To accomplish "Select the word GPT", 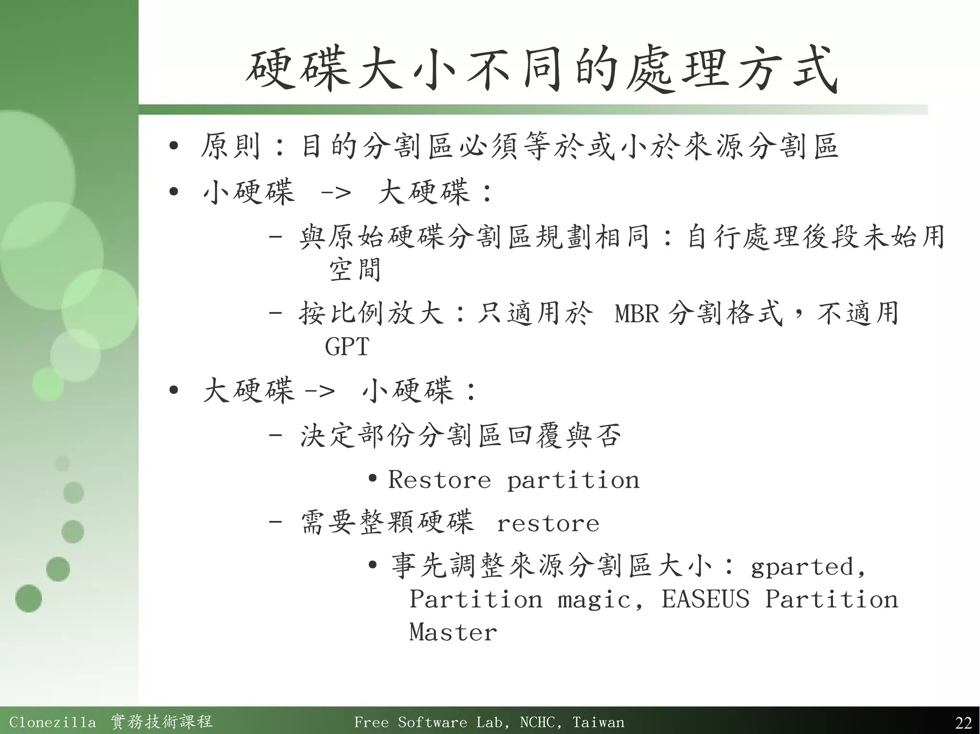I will [x=347, y=347].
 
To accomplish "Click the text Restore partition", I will [x=513, y=480].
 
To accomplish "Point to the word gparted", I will [x=802, y=567].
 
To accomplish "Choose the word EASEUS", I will [x=705, y=600].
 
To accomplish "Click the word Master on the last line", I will [x=453, y=632].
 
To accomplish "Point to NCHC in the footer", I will [x=538, y=722].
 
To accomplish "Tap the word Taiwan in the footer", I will [x=598, y=722].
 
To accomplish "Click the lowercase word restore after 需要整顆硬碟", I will [x=548, y=524].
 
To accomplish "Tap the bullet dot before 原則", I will [x=174, y=145].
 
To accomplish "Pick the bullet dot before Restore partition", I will [x=373, y=478].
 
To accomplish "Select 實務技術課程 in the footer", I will [x=162, y=722].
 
